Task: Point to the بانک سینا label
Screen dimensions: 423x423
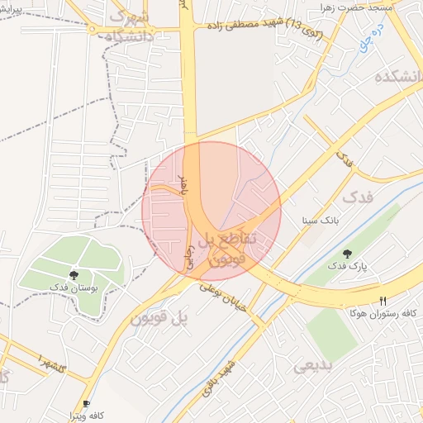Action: (320, 221)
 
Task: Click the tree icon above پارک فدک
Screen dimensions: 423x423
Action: (346, 253)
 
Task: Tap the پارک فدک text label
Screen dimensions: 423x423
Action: (346, 266)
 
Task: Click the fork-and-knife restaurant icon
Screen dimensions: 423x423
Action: (382, 302)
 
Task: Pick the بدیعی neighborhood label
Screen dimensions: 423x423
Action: (316, 364)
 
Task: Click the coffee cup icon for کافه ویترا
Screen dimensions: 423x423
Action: (87, 403)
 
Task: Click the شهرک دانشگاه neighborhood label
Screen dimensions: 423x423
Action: (128, 27)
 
